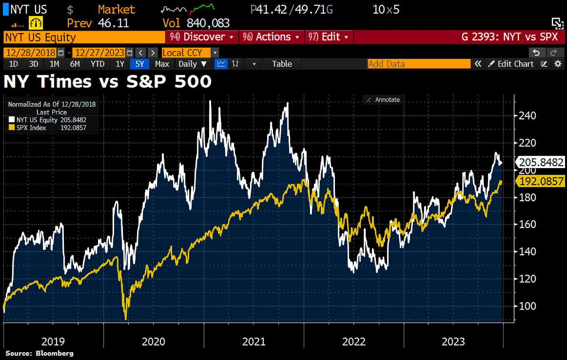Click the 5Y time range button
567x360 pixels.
139,64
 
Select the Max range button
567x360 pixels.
162,64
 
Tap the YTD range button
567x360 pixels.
97,64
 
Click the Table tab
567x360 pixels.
282,64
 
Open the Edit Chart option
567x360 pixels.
511,64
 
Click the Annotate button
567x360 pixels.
383,100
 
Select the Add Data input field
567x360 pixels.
419,64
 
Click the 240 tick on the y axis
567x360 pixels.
527,116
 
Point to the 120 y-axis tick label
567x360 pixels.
527,279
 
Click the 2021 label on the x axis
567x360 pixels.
254,342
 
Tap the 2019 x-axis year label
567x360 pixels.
53,342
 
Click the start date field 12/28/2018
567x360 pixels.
30,53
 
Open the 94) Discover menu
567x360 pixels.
202,37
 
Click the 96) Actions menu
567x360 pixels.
271,37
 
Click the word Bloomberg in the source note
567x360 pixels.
55,353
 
